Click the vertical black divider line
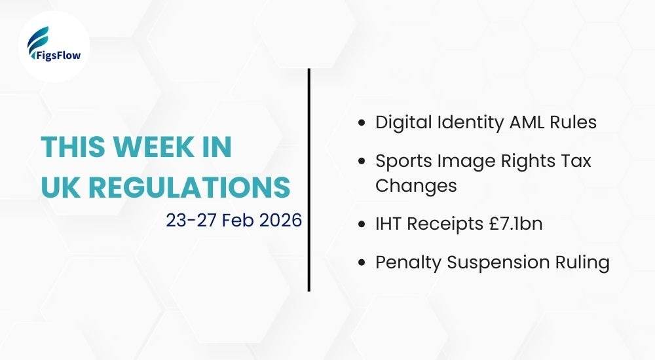pos(309,180)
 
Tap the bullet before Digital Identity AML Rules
pos(362,122)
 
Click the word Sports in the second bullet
pos(400,161)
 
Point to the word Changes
pos(415,185)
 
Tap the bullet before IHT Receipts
pos(362,225)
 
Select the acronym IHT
pos(388,225)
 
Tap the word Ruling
pos(585,262)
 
